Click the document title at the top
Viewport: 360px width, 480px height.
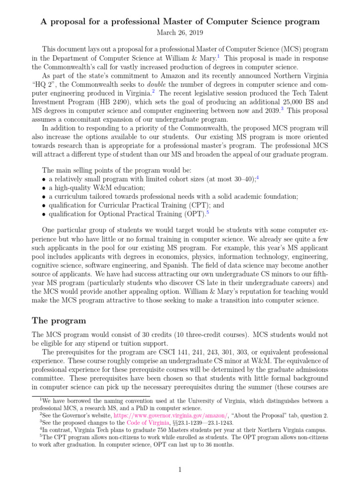[x=180, y=22]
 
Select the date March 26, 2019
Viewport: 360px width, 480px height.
[x=180, y=32]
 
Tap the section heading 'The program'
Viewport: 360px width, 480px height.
[x=59, y=321]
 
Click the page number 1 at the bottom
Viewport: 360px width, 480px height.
[x=180, y=469]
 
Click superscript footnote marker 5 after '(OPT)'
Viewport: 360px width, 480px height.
[x=207, y=212]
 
